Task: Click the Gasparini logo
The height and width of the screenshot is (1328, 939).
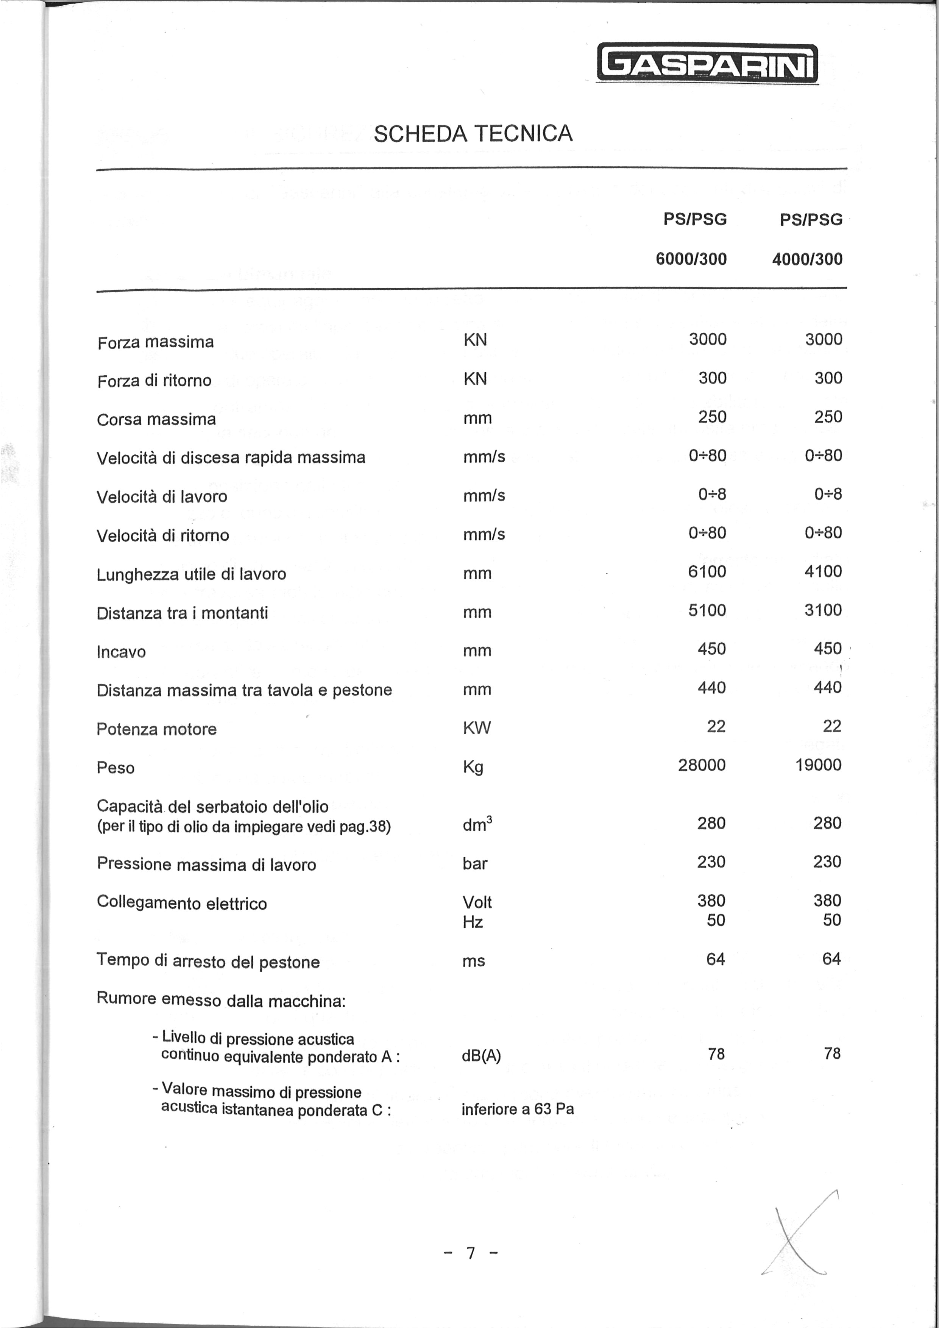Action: point(707,64)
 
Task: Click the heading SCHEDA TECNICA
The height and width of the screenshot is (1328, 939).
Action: point(473,134)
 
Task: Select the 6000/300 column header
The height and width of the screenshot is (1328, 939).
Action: point(691,259)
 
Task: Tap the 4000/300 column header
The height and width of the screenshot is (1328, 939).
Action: point(807,259)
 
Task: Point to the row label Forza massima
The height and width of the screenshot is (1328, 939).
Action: point(156,342)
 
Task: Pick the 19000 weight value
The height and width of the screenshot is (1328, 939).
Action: point(818,765)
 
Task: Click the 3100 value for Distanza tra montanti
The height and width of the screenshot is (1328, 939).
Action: point(823,610)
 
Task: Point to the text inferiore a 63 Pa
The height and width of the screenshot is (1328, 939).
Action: point(518,1109)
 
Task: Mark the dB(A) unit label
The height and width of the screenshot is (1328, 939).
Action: point(481,1056)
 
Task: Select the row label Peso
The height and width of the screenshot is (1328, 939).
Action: point(115,768)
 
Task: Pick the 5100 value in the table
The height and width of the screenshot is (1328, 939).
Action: point(707,610)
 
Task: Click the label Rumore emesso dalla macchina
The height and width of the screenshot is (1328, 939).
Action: point(221,1000)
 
